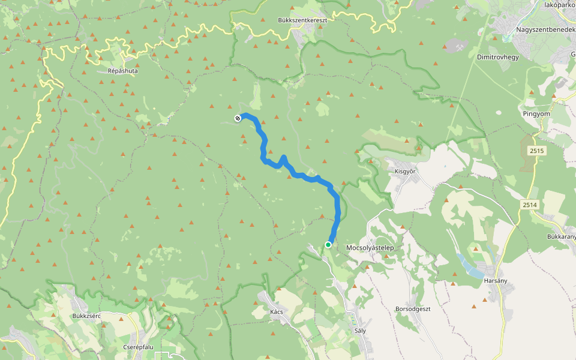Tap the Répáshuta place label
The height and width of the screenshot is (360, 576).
click(x=122, y=70)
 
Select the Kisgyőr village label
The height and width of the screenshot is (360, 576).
click(x=405, y=171)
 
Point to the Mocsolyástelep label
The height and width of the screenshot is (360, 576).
click(x=370, y=247)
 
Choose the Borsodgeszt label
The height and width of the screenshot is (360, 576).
click(x=413, y=308)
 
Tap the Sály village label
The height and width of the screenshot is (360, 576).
click(x=360, y=330)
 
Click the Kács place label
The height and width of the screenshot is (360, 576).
click(x=276, y=311)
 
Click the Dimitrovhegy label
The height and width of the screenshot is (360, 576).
click(x=497, y=57)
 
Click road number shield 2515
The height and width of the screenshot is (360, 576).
click(x=537, y=151)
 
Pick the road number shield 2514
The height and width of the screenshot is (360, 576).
click(x=529, y=205)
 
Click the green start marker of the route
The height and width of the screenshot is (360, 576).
click(x=328, y=244)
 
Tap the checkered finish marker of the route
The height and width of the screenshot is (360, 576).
click(x=238, y=118)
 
